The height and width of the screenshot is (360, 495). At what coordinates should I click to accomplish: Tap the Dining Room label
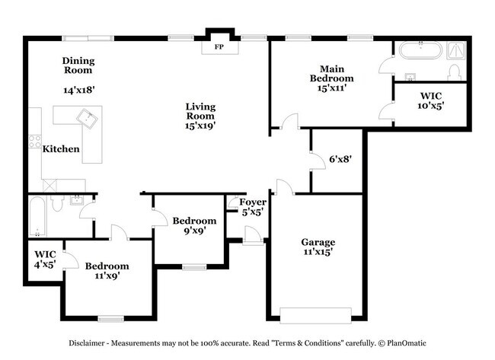(78, 65)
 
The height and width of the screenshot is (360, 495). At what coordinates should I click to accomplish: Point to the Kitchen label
(61, 149)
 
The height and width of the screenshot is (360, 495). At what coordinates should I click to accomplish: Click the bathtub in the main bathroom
(420, 52)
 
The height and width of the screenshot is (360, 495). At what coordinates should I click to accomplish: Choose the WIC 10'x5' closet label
(430, 101)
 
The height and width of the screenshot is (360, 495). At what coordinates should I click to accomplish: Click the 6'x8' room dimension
(340, 160)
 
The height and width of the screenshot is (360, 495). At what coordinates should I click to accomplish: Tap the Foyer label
(252, 202)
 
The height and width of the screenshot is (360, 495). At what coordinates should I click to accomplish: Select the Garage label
(317, 242)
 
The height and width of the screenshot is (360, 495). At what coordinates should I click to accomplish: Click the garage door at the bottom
(315, 314)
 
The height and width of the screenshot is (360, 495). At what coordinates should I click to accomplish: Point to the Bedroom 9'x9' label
(189, 225)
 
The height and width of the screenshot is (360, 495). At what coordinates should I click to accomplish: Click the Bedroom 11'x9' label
(107, 271)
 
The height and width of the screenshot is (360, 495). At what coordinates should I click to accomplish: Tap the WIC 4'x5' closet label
(45, 259)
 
